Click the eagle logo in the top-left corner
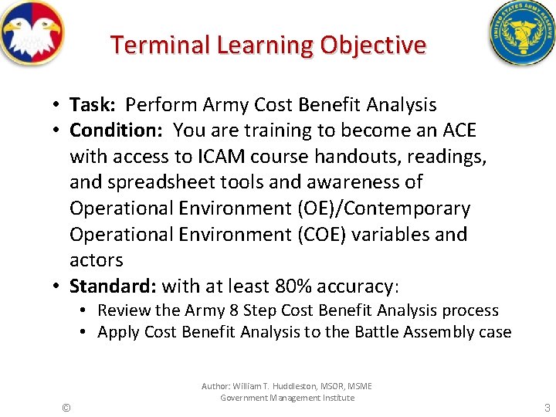pyautogui.click(x=32, y=32)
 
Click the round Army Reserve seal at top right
pyautogui.click(x=521, y=32)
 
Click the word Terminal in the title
pyautogui.click(x=161, y=45)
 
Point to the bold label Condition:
pyautogui.click(x=118, y=131)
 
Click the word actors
pyautogui.click(x=97, y=261)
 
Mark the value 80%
pyautogui.click(x=292, y=286)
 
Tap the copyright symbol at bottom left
pyautogui.click(x=66, y=407)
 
